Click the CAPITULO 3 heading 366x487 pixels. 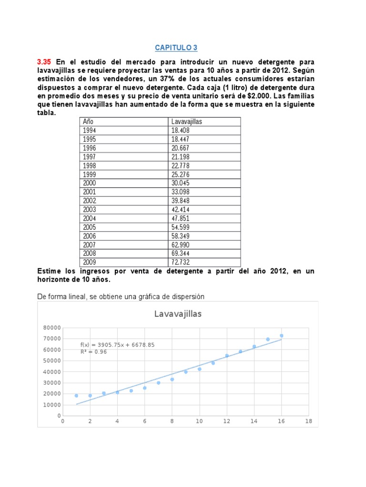click(176, 48)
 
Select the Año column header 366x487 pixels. click(88, 122)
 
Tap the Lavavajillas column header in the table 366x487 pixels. click(186, 122)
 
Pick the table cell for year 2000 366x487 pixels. click(90, 183)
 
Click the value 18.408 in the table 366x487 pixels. click(181, 130)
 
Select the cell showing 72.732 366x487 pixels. click(181, 263)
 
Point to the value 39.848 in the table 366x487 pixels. click(181, 201)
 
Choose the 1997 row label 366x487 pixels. click(90, 156)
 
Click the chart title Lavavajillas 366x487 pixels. click(178, 314)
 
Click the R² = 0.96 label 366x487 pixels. click(93, 352)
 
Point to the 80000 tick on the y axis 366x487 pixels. click(51, 327)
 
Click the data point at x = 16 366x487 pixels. click(281, 336)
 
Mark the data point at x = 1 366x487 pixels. click(76, 396)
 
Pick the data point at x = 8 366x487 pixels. click(172, 379)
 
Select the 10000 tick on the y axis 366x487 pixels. click(51, 405)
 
